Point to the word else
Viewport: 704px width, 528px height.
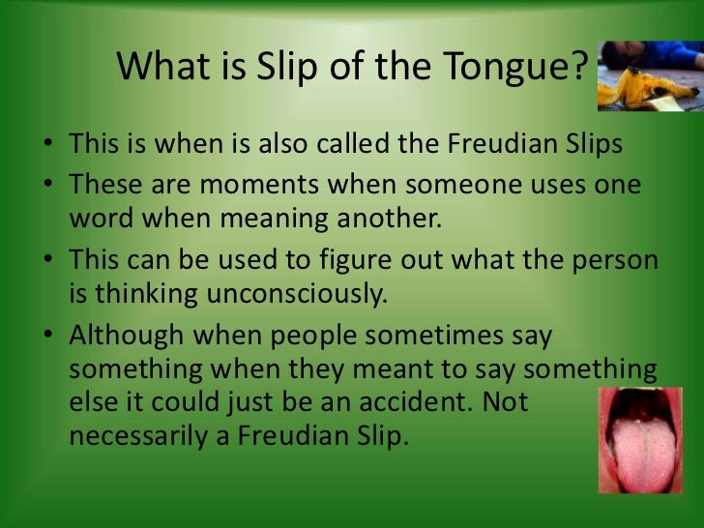92,401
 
